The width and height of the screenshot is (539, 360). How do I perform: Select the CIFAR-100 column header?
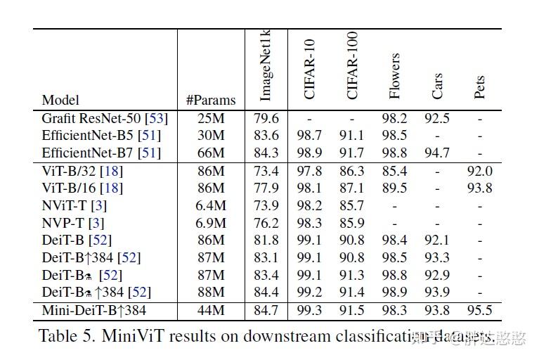coord(352,65)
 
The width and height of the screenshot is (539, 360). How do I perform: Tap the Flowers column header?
coord(394,75)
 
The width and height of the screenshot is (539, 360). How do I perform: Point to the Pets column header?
coord(479,87)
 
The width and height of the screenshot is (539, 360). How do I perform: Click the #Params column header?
coord(211,100)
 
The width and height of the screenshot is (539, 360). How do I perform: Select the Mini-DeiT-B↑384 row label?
coord(93,310)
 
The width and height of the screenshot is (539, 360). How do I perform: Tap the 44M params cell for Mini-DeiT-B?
coord(211,310)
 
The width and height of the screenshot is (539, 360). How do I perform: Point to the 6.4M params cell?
coord(211,205)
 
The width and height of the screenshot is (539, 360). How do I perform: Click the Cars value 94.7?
coord(437,153)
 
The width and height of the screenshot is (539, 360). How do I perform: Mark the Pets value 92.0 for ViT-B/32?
coord(479,171)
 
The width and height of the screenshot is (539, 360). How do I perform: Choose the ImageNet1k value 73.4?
coord(266,171)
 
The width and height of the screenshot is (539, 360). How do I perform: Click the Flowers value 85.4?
coord(394,171)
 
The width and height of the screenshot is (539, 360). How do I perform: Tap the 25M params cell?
coord(211,118)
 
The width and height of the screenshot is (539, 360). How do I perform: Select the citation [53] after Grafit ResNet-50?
coord(155,118)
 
